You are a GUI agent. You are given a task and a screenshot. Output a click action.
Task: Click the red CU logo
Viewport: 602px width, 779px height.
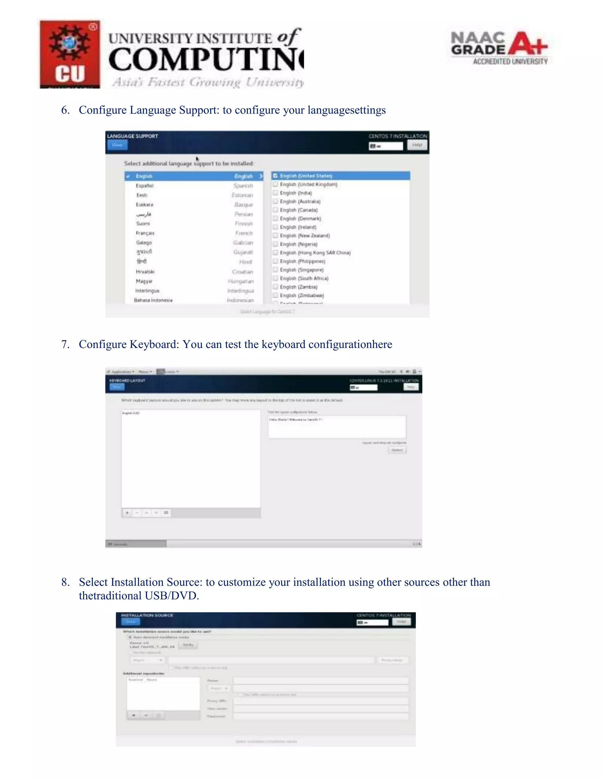70,54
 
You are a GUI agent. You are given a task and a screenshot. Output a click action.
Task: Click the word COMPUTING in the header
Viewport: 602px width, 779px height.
206,60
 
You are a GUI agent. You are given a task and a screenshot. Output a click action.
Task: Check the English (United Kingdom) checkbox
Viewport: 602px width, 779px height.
275,184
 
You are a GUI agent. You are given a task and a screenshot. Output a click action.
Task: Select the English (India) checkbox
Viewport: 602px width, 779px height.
275,193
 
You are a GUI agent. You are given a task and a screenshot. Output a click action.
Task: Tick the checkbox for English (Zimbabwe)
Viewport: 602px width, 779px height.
275,295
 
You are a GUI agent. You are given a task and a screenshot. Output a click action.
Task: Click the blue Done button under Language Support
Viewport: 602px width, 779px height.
117,145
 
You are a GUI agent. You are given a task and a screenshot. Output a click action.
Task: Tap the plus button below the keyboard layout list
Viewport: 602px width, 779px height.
127,513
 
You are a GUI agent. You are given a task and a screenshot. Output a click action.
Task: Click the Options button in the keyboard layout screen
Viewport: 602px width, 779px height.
397,450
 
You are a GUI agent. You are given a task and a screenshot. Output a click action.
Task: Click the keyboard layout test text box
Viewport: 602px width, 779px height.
337,427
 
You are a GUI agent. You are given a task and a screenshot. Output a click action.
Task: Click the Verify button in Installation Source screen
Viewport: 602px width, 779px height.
188,645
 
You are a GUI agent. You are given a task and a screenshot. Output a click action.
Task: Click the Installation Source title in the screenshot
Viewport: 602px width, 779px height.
147,615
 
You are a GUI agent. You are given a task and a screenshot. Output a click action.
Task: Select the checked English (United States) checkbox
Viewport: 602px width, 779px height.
275,176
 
